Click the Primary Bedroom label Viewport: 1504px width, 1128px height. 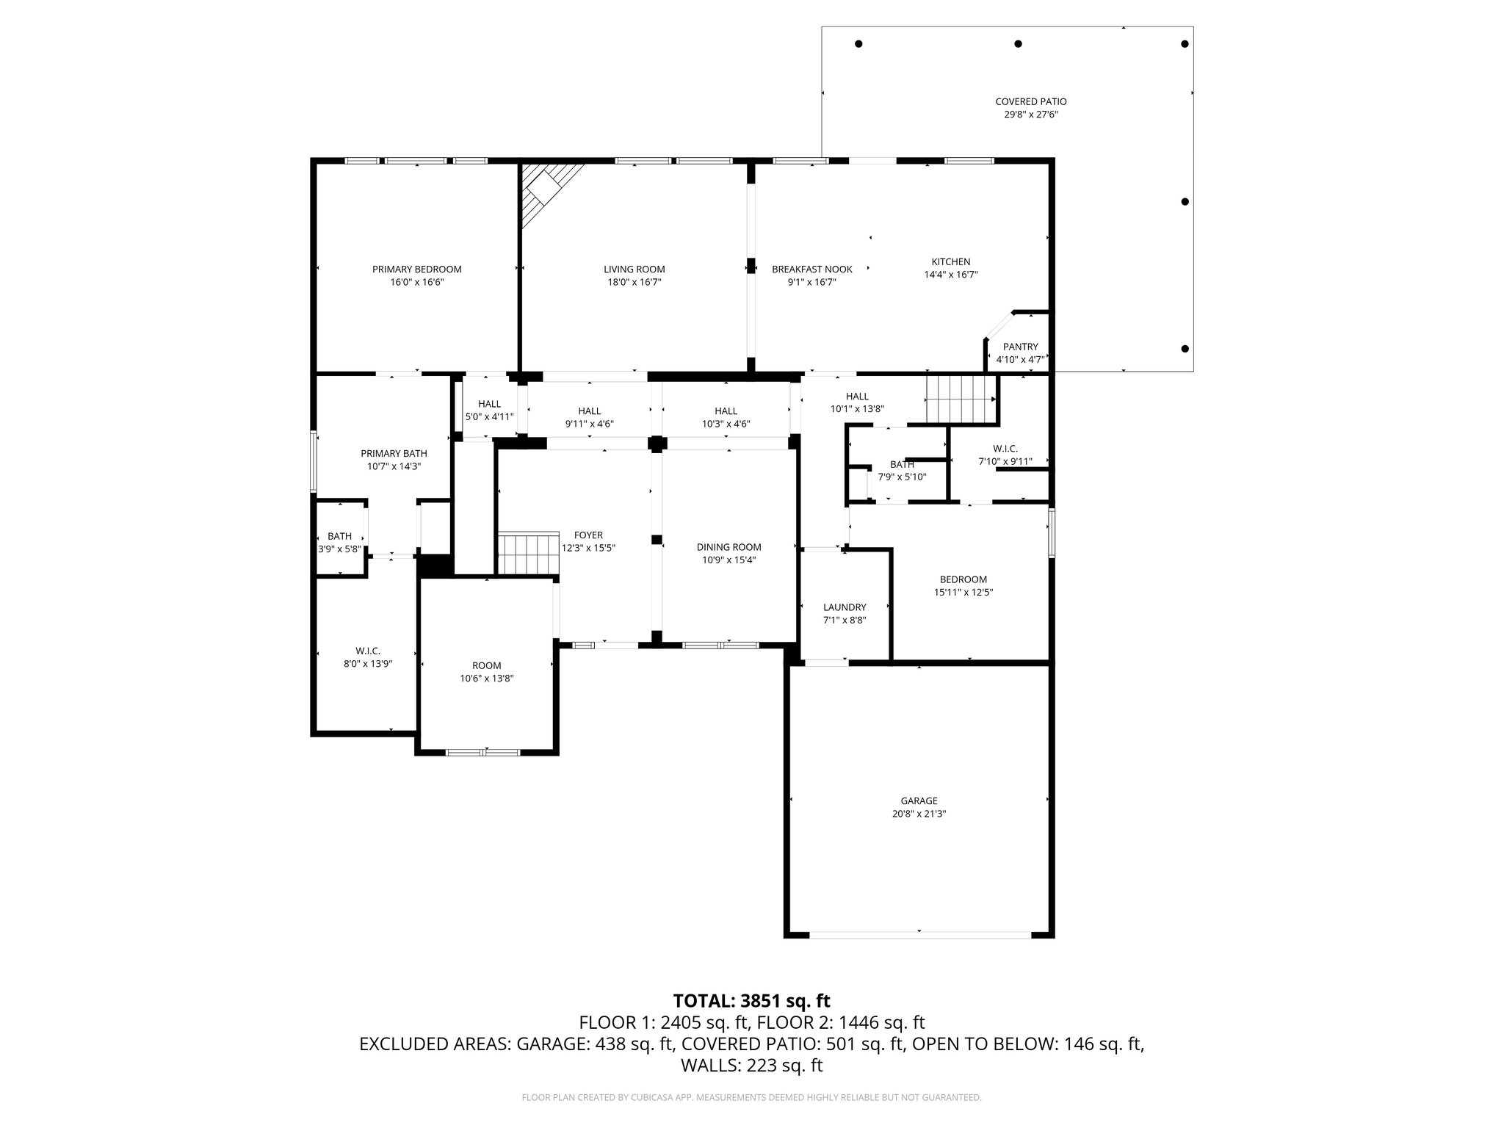[416, 270]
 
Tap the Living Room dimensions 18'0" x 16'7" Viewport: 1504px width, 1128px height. [634, 282]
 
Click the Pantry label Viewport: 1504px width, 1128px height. [1020, 347]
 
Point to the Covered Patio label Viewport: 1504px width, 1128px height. [1030, 102]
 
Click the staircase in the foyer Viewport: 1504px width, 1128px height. [529, 554]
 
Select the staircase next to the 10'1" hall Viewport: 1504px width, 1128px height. [960, 399]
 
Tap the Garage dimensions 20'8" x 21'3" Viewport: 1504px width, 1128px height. [919, 814]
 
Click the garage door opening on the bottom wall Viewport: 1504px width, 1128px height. [919, 934]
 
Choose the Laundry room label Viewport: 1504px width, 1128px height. [845, 607]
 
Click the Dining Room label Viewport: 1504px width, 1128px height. [728, 547]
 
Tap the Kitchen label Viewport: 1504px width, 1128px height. [950, 262]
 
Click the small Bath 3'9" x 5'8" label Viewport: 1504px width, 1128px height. [339, 536]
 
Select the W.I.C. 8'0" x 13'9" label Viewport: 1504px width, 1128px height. [367, 651]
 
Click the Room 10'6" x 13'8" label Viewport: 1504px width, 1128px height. [486, 665]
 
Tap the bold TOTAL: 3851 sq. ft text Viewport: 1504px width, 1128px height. [751, 1000]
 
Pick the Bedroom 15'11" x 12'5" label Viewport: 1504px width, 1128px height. [963, 579]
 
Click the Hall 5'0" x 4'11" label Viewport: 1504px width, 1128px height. [489, 404]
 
